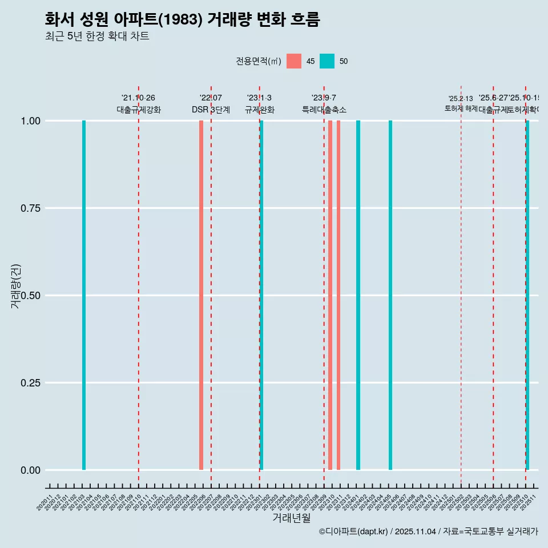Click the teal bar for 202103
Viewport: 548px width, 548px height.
(x=84, y=295)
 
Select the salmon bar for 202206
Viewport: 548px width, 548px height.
(x=201, y=295)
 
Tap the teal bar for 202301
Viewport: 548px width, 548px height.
(x=261, y=295)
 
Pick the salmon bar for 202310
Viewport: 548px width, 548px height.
(x=330, y=295)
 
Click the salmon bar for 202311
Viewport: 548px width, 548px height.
(x=339, y=295)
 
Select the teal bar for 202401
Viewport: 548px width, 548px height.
(x=358, y=295)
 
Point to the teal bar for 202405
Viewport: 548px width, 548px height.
(x=390, y=295)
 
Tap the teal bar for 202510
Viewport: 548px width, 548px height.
(x=527, y=295)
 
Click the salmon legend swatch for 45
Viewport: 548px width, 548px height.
(x=294, y=61)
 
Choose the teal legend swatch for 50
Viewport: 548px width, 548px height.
(x=327, y=61)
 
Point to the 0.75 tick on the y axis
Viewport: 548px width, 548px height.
(x=30, y=208)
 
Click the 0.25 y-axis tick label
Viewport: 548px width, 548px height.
(x=30, y=382)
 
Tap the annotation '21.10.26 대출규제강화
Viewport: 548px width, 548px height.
(x=139, y=104)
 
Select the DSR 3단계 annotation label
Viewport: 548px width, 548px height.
(x=211, y=110)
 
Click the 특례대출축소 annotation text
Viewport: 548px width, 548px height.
(x=324, y=110)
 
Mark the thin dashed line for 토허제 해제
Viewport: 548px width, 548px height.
(x=461, y=285)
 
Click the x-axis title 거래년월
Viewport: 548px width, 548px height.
(x=291, y=518)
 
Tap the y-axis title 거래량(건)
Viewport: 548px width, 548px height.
(x=16, y=286)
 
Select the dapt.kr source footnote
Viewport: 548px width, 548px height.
(x=428, y=531)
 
